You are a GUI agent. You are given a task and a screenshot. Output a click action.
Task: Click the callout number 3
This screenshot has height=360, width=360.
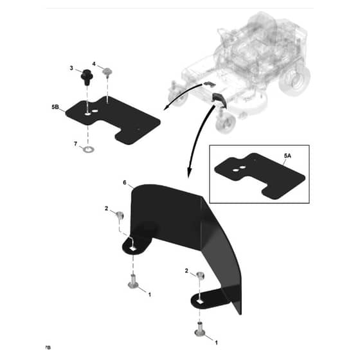(71, 68)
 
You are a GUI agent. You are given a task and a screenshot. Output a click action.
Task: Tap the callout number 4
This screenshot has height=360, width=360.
(94, 64)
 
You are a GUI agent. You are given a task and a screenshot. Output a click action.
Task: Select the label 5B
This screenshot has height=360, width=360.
(55, 107)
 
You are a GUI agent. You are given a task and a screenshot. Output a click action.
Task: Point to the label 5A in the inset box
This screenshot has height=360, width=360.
(287, 156)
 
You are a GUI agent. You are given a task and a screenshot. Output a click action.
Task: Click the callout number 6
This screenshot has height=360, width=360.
(125, 183)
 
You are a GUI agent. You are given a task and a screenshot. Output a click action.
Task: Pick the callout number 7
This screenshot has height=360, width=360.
(76, 144)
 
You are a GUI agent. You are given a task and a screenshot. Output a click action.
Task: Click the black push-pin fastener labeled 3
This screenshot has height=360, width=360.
(87, 77)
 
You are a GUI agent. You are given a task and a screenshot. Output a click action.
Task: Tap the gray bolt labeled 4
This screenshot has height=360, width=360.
(107, 72)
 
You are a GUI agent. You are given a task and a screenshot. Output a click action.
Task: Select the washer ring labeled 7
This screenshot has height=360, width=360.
(88, 150)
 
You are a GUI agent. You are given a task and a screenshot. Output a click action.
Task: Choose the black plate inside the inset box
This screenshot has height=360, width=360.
(260, 175)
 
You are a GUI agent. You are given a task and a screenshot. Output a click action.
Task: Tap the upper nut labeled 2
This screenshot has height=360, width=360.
(120, 215)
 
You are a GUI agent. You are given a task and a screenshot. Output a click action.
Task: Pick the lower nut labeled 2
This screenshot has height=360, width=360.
(201, 275)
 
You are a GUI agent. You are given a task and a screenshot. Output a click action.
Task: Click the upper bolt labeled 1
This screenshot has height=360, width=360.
(133, 281)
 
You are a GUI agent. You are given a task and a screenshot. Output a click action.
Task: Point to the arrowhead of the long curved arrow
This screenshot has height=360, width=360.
(188, 174)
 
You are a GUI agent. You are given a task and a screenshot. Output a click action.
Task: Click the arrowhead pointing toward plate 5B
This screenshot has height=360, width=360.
(166, 108)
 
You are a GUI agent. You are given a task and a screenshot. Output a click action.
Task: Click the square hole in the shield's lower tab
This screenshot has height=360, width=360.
(201, 302)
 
